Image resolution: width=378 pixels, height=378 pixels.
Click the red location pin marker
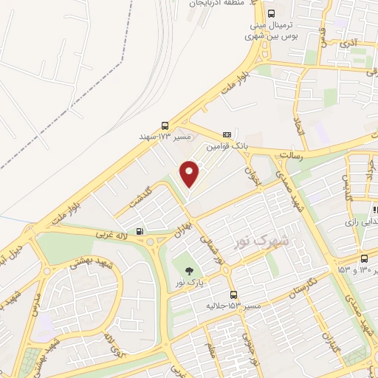(x=190, y=173)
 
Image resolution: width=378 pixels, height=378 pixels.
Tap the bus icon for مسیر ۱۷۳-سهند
(x=165, y=126)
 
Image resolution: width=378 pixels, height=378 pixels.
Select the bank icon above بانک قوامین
(x=227, y=134)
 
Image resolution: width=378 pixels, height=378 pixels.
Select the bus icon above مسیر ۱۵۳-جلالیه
(x=233, y=294)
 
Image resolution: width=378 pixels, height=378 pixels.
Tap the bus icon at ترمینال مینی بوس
(x=271, y=13)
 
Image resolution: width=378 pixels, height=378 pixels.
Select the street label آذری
(x=348, y=44)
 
